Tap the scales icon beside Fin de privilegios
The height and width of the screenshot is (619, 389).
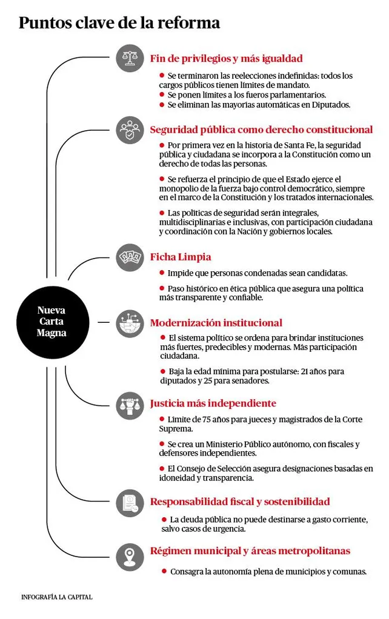pyautogui.click(x=130, y=58)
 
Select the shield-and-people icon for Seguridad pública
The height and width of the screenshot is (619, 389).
pyautogui.click(x=130, y=130)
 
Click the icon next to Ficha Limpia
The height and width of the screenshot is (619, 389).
pyautogui.click(x=130, y=257)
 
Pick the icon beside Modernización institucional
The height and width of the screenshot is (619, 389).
pyautogui.click(x=130, y=323)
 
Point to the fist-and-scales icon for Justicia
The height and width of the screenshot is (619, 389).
pyautogui.click(x=130, y=404)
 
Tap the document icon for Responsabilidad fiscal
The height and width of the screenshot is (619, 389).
pyautogui.click(x=130, y=502)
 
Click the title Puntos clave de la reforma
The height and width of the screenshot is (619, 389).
pyautogui.click(x=119, y=23)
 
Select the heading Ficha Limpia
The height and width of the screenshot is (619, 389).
pyautogui.click(x=181, y=257)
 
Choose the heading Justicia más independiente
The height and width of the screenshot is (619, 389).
pyautogui.click(x=213, y=403)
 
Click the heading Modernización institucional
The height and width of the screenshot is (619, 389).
pyautogui.click(x=216, y=323)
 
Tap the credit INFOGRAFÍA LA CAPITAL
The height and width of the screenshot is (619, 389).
pyautogui.click(x=57, y=597)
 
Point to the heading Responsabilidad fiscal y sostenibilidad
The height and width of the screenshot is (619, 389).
pyautogui.click(x=240, y=501)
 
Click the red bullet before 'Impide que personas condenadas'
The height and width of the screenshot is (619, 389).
pyautogui.click(x=162, y=273)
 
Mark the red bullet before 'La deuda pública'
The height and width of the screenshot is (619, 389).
pyautogui.click(x=164, y=519)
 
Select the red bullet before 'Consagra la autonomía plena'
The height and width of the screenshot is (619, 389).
pyautogui.click(x=164, y=571)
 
